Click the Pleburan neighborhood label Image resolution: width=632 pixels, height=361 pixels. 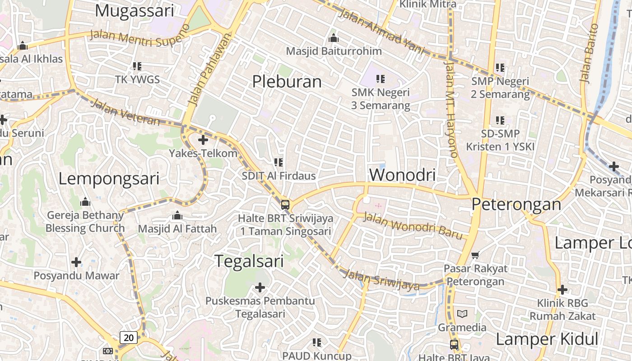[287, 82]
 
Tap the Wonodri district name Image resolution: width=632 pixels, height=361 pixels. [402, 175]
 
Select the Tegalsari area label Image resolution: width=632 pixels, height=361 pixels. [249, 261]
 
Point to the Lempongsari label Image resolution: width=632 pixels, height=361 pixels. [109, 179]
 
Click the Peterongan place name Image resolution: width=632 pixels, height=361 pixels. [516, 204]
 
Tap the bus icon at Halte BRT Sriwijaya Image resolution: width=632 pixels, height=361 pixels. [285, 204]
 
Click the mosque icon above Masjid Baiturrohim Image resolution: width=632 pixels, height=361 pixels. [334, 38]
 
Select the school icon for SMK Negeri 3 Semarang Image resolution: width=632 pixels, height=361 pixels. [381, 79]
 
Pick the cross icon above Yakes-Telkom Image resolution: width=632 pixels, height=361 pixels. [203, 140]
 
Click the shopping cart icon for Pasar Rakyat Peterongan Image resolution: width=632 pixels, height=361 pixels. [475, 255]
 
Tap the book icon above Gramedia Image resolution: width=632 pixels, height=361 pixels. [462, 314]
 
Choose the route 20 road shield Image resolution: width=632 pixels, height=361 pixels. [129, 337]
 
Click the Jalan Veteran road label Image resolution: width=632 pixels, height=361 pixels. [125, 112]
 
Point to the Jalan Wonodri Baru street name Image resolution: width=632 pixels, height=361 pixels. [413, 226]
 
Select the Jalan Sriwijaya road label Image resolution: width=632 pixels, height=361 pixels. [381, 279]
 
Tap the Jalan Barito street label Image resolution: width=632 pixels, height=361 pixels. [588, 53]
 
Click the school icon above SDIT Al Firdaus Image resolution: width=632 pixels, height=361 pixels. [279, 162]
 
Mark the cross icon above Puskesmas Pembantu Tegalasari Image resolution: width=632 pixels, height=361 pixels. [260, 287]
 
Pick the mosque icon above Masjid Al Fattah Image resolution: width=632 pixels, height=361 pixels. [177, 215]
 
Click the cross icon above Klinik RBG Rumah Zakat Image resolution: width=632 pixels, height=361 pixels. [562, 289]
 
